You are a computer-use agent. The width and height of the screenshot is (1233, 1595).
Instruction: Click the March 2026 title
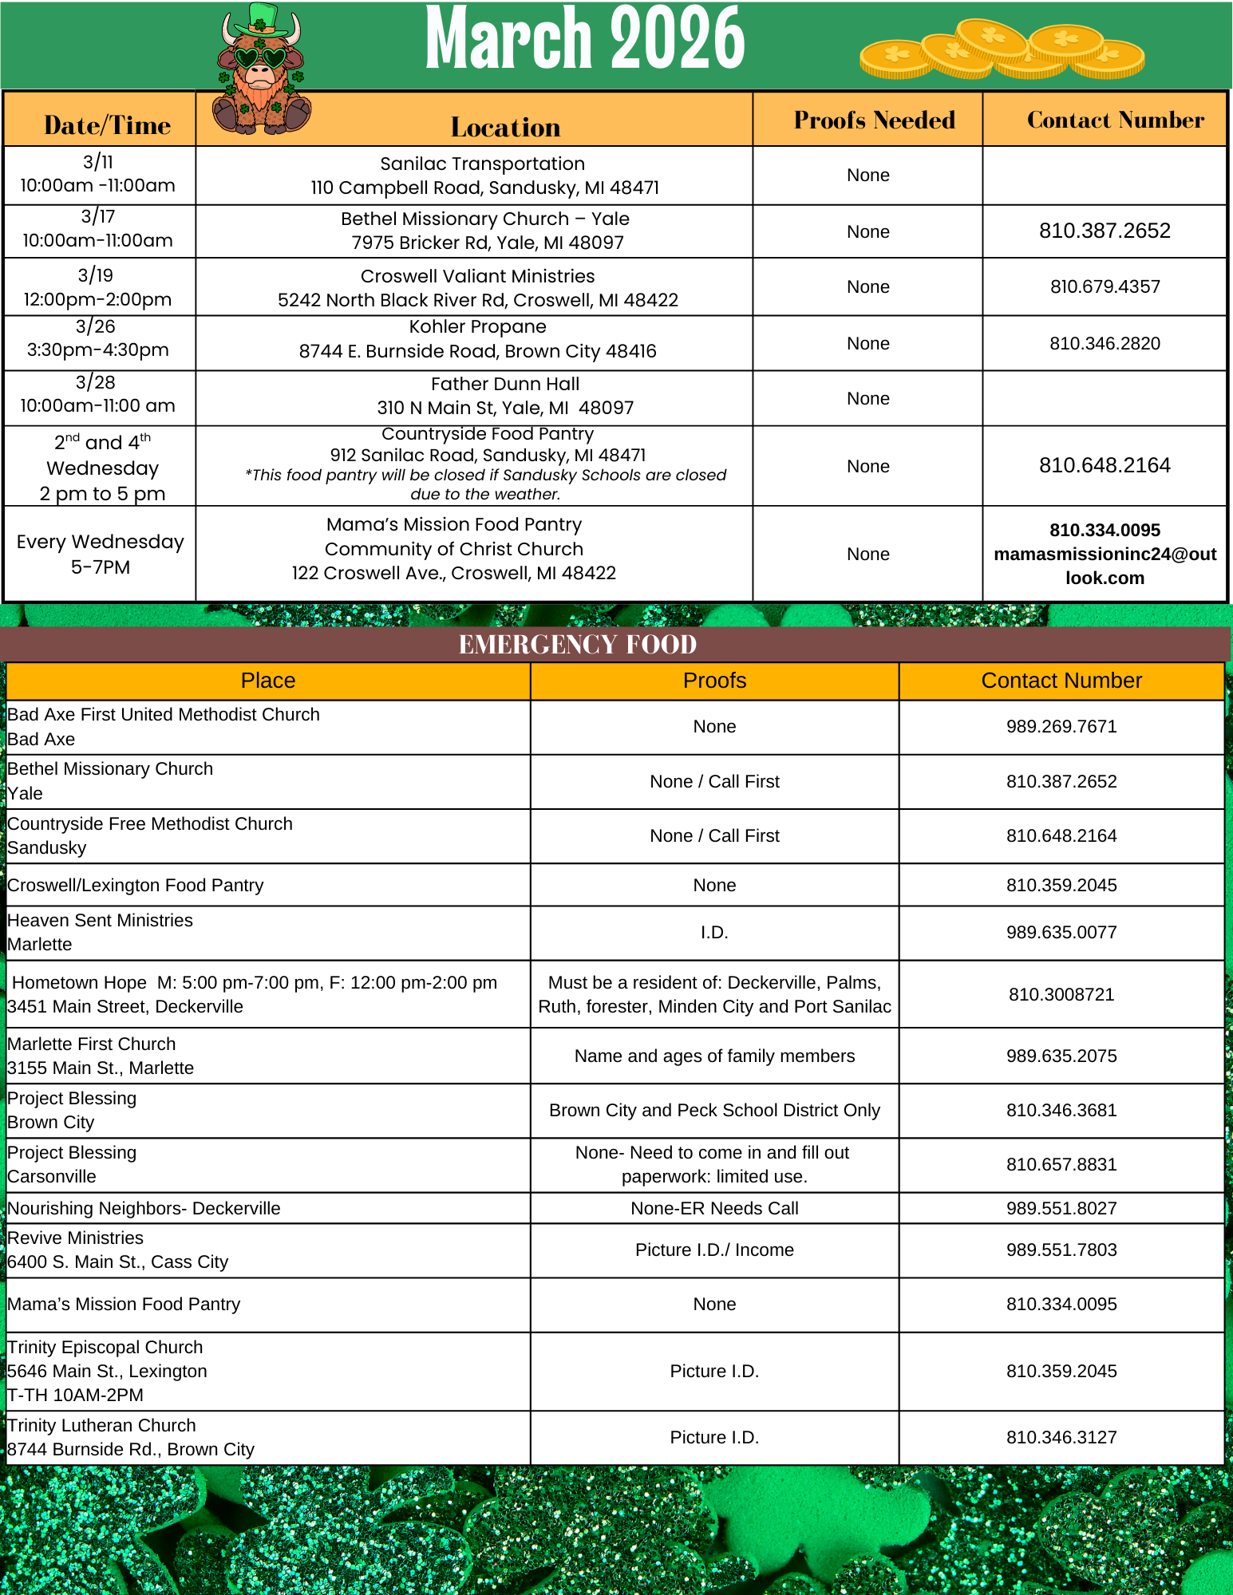click(x=585, y=38)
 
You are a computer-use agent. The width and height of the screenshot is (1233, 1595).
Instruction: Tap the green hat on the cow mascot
click(x=263, y=19)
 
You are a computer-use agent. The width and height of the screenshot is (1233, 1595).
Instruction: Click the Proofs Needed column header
click(x=874, y=120)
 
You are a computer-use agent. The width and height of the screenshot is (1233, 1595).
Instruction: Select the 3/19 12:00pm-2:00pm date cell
click(x=97, y=287)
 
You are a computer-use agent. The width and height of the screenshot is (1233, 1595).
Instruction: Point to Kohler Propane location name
click(x=477, y=327)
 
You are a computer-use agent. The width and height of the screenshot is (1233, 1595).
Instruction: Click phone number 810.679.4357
click(x=1105, y=287)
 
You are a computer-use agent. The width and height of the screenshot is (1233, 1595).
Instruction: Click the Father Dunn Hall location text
click(x=505, y=385)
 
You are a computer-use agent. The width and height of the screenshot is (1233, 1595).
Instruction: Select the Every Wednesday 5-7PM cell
click(x=100, y=554)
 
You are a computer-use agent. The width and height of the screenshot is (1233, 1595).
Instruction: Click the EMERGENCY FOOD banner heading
click(x=578, y=645)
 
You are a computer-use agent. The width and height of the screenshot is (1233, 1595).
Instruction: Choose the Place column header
click(x=268, y=681)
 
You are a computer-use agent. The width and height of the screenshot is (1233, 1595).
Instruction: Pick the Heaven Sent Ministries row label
click(x=100, y=921)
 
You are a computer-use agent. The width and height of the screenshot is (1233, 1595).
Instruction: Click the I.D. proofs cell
click(x=714, y=933)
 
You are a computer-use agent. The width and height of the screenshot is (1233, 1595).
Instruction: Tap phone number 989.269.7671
click(x=1061, y=727)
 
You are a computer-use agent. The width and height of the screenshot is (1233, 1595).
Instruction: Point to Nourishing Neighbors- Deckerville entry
click(x=144, y=1209)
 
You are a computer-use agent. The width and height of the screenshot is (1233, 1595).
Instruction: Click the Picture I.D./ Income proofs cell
click(x=714, y=1250)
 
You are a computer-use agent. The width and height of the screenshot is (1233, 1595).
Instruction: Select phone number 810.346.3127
click(x=1061, y=1438)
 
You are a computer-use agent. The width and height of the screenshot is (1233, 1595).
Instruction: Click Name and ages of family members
click(x=714, y=1056)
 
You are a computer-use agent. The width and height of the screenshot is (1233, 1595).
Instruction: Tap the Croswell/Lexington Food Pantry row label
click(x=136, y=886)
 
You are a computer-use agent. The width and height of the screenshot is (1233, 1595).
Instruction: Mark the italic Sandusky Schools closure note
click(x=485, y=484)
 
